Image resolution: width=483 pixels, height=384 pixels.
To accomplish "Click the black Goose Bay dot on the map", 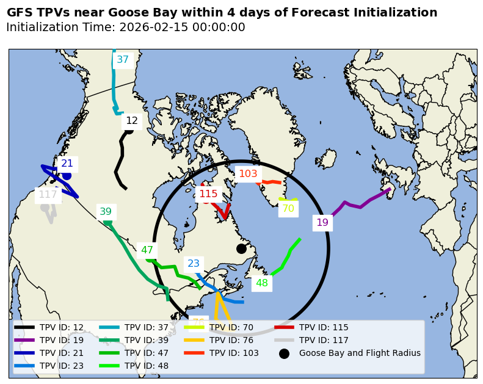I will click(241, 248).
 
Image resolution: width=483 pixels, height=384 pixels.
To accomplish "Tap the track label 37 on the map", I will click(123, 60).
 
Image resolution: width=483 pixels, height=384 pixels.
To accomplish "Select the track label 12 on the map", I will click(132, 121).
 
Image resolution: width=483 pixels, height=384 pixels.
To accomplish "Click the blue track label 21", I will click(67, 164).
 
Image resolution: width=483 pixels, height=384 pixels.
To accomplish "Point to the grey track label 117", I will click(48, 195).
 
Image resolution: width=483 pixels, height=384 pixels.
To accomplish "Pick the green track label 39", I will click(106, 212).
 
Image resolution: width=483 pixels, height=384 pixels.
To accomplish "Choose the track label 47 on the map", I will click(147, 250).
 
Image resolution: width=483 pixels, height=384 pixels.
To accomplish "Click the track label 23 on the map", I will click(194, 264).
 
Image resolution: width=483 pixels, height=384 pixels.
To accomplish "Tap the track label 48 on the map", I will click(261, 283).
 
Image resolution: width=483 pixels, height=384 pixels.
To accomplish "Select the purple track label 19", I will click(322, 223).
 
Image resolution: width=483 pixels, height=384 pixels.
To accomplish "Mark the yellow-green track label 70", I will click(288, 209).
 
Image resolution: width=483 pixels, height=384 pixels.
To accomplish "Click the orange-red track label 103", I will click(248, 174).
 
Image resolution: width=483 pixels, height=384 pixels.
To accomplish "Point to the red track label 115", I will click(208, 194).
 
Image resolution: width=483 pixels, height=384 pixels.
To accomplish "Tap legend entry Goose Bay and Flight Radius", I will click(359, 353).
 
